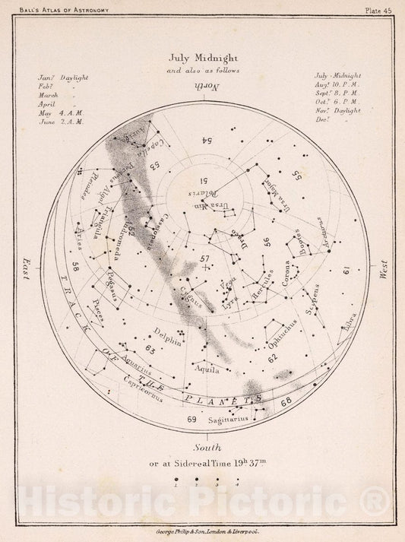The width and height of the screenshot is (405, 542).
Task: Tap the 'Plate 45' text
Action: (378, 10)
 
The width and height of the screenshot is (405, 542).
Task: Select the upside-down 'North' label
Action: (202, 87)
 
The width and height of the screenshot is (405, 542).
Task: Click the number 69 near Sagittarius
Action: (191, 419)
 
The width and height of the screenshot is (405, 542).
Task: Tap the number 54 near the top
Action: (205, 140)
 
